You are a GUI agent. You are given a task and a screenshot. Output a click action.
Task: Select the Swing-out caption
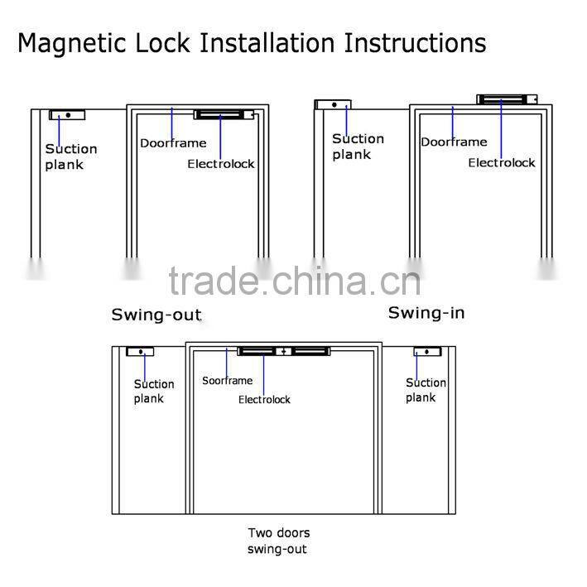[x=156, y=315]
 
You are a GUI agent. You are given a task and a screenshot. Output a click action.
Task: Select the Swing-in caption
[x=426, y=313]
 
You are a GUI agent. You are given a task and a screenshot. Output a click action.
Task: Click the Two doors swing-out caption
[x=279, y=541]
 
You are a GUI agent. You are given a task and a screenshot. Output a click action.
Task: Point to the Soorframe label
[x=228, y=381]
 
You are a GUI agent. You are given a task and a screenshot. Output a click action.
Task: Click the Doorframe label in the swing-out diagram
[x=172, y=143]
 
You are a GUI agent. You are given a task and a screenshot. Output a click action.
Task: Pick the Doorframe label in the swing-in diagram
[x=454, y=142]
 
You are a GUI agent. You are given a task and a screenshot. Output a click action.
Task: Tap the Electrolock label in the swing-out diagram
[x=221, y=164]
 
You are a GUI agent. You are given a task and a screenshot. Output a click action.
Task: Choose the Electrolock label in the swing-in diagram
[x=502, y=163]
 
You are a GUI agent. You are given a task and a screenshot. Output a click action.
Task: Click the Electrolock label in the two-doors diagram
[x=265, y=400]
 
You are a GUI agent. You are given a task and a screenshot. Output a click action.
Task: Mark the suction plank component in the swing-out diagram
[x=67, y=115]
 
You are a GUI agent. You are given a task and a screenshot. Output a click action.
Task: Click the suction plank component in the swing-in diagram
[x=333, y=105]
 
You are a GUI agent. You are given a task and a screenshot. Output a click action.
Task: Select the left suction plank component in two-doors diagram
[x=140, y=352]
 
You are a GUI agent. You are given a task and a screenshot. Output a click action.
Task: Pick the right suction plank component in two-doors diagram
[x=427, y=352]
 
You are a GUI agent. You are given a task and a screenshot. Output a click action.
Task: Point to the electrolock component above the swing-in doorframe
[x=507, y=99]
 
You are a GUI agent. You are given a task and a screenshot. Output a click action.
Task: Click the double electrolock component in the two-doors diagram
[x=284, y=352]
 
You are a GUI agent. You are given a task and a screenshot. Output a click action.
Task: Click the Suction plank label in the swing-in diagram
[x=358, y=147]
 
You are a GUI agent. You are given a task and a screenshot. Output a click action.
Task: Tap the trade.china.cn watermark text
[x=295, y=281]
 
